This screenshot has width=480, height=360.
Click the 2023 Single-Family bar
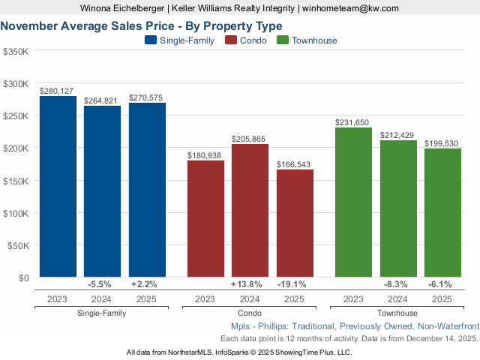point(58,187)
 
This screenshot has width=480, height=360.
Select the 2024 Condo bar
point(250,211)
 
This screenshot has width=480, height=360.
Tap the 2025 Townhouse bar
point(442,213)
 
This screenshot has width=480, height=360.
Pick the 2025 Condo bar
point(295,223)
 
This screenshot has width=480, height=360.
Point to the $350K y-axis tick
point(16,52)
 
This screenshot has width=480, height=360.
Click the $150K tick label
point(16,181)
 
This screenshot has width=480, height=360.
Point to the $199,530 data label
point(442,143)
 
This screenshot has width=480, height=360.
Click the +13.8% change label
point(250,285)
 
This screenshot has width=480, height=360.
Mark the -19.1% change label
point(295,285)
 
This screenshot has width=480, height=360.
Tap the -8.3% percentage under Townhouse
point(398,285)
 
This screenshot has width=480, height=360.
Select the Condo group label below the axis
point(249,313)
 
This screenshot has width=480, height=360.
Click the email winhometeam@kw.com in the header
point(351,8)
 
